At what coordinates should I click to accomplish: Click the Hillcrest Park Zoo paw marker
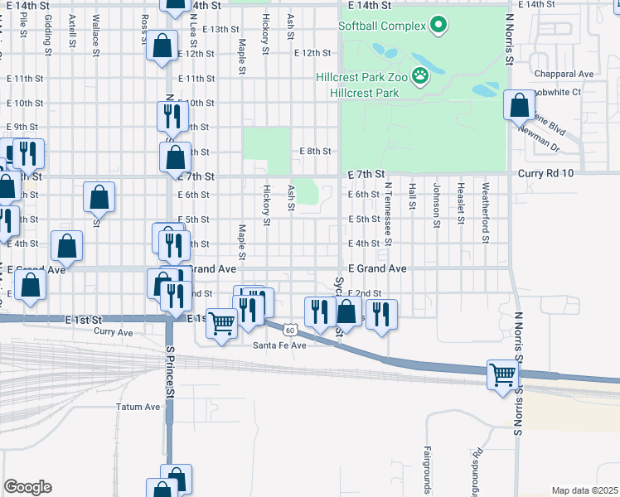[x=421, y=76]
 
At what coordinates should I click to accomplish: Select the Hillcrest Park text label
[x=364, y=92]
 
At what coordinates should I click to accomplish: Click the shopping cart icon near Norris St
[x=502, y=377]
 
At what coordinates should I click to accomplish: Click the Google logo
[x=27, y=487]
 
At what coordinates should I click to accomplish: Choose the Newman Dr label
[x=539, y=142]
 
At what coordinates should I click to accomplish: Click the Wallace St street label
[x=96, y=33]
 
